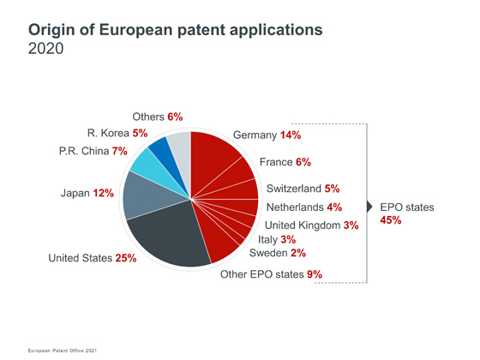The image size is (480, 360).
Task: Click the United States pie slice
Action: click(x=171, y=236)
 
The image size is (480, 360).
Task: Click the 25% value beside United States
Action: click(x=126, y=258)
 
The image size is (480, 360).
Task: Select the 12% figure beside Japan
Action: click(x=103, y=193)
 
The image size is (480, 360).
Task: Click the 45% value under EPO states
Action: click(x=391, y=220)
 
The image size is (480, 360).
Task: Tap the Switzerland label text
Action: click(x=294, y=189)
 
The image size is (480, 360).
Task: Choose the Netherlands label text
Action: click(x=295, y=207)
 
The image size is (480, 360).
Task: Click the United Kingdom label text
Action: click(x=303, y=225)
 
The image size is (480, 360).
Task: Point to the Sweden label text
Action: click(x=268, y=253)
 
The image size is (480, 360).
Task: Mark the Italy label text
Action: click(x=267, y=240)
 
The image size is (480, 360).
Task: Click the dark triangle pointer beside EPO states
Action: click(x=369, y=207)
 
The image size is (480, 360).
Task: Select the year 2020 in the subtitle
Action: click(x=46, y=48)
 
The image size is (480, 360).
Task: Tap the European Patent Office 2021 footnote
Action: click(x=62, y=351)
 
